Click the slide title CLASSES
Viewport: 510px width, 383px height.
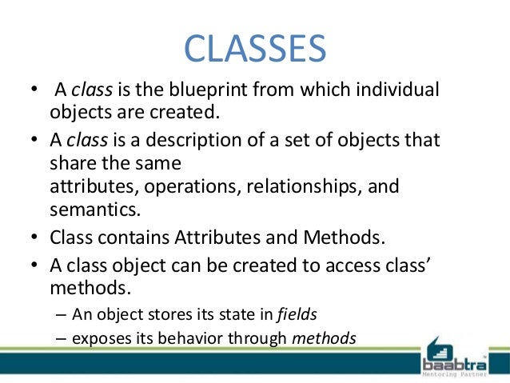coord(255,49)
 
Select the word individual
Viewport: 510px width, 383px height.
coord(397,89)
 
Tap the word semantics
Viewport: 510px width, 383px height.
coord(95,209)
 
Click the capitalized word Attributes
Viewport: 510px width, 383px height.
coord(217,237)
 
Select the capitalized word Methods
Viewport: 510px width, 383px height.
coord(344,237)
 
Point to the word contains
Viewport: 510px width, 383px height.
coord(133,237)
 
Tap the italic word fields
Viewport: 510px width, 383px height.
coord(297,314)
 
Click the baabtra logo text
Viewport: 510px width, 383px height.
coord(454,365)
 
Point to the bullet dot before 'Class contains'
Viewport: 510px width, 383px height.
coord(34,237)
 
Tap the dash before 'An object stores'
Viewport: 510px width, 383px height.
coord(61,315)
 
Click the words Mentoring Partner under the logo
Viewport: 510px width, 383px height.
coord(454,374)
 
